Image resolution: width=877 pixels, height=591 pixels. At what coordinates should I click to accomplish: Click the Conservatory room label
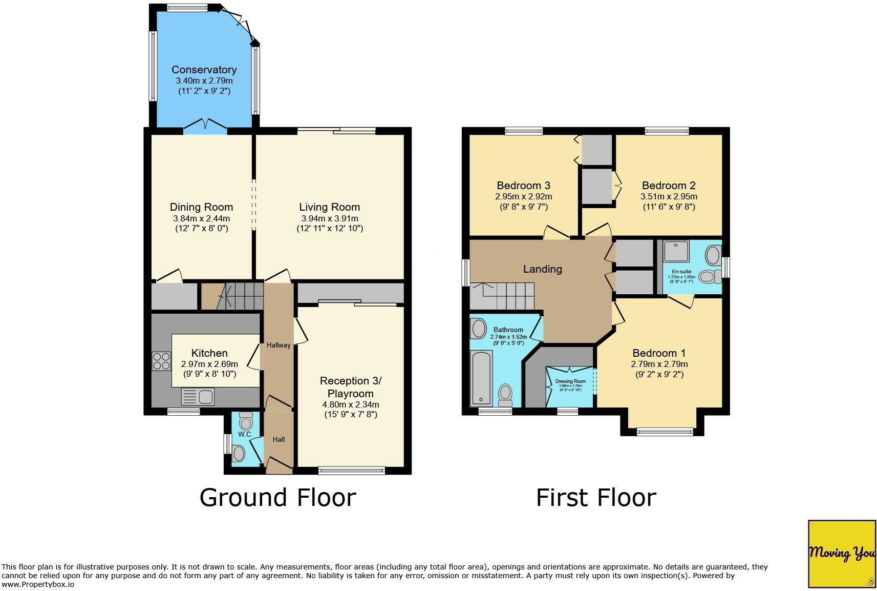point(204,70)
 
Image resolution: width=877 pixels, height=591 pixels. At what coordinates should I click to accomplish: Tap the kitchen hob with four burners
point(161,361)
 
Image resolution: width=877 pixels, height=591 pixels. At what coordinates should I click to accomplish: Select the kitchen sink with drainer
point(198,397)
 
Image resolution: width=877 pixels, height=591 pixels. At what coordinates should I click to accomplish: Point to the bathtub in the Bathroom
point(481,378)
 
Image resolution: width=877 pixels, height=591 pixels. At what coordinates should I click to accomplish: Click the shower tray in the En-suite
point(676,251)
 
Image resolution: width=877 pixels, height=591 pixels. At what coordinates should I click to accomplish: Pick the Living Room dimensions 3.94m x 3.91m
point(330,219)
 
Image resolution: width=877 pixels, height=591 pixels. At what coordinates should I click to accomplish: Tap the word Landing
point(543,269)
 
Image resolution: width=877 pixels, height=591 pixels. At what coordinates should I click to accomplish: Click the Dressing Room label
point(570,381)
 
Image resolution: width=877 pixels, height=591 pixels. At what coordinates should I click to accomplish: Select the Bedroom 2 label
point(669,186)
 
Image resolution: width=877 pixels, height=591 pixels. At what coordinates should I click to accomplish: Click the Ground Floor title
point(278,498)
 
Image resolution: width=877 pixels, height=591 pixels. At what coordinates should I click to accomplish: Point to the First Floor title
point(596,498)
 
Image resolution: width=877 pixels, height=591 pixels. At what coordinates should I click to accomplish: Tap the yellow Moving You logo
point(842,554)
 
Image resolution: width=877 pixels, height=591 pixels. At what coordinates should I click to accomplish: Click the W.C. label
point(245,434)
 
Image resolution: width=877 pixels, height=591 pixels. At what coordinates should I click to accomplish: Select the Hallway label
point(279,345)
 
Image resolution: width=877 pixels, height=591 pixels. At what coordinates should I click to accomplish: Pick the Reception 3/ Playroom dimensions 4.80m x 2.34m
point(350,404)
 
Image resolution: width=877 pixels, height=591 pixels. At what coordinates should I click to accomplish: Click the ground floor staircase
point(241,296)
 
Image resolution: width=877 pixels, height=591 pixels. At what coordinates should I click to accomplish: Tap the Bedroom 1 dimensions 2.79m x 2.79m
point(659,364)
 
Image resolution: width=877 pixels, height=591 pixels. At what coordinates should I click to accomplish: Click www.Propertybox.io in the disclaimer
point(38,584)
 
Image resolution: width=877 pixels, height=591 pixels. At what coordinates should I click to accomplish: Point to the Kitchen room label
point(209,353)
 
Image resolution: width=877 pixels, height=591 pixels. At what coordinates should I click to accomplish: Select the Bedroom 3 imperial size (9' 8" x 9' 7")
point(523,207)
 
